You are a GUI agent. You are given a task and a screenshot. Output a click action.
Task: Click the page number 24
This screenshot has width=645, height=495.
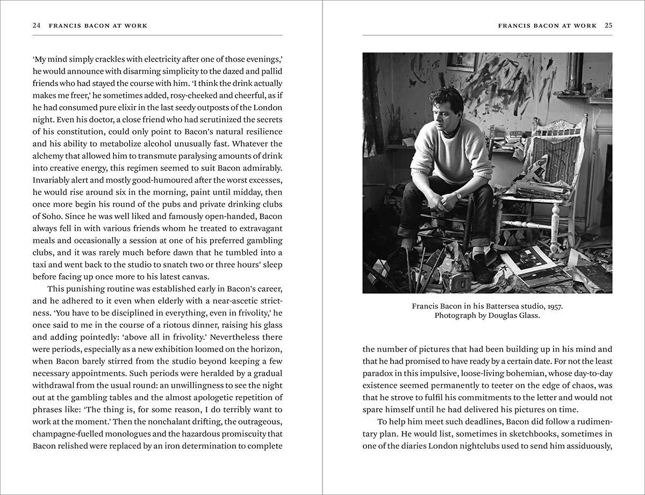pyautogui.click(x=37, y=25)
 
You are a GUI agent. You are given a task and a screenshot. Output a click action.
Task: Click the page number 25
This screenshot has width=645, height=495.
pyautogui.click(x=608, y=25)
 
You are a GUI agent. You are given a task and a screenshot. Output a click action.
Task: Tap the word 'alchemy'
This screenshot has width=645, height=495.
pyautogui.click(x=51, y=156)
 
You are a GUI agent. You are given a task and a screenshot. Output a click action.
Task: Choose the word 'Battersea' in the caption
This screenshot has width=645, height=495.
pyautogui.click(x=491, y=306)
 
